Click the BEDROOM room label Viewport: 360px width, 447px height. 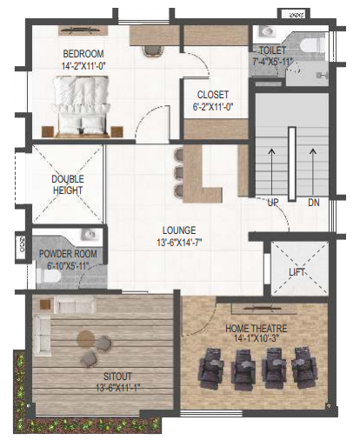[x=83, y=54]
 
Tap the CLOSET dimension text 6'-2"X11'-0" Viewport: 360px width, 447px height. [x=213, y=107]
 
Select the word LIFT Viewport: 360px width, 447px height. [x=297, y=272]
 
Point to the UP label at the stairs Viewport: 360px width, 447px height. [x=273, y=203]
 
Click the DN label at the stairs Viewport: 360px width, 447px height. [x=314, y=203]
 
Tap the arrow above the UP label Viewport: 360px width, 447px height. [x=271, y=171]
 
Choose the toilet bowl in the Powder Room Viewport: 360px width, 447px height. [x=49, y=276]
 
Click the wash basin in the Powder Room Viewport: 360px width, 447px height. [x=90, y=234]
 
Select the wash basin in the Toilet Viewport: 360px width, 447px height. [x=266, y=31]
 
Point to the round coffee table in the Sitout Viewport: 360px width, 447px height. [x=86, y=338]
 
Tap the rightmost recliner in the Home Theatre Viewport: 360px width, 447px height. [x=304, y=368]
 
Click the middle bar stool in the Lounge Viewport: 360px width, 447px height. [x=178, y=172]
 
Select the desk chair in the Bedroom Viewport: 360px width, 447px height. [x=153, y=51]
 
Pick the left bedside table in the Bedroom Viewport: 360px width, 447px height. [x=48, y=131]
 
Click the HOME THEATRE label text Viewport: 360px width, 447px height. [x=257, y=329]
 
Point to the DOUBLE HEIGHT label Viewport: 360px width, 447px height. [x=68, y=184]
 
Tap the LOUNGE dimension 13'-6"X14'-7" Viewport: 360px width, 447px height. [x=179, y=242]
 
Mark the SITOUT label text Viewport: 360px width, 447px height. [x=117, y=377]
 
